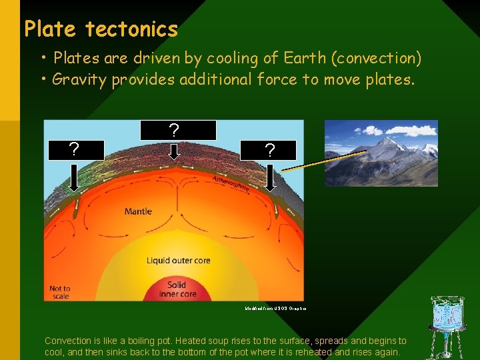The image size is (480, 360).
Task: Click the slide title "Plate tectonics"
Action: tap(101, 29)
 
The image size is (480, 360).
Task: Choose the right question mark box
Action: tap(269, 151)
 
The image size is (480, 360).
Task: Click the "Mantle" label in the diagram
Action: tap(138, 211)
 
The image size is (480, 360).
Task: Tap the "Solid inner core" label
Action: tap(177, 289)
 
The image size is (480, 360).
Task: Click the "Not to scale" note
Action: tap(60, 292)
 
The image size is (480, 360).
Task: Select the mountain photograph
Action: tap(381, 153)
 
